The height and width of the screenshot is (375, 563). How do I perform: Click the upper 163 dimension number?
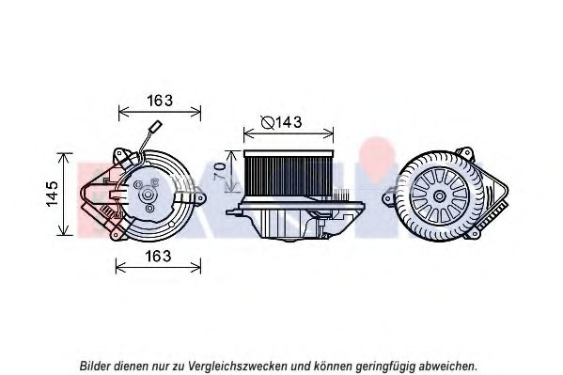(x=160, y=101)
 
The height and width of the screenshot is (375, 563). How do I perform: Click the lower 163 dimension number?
(x=158, y=256)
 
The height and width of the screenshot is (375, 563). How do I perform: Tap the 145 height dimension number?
(x=53, y=194)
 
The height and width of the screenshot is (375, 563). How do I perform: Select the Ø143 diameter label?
(x=282, y=122)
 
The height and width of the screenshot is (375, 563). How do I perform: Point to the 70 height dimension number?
(x=220, y=171)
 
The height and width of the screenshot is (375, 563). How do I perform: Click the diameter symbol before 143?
(x=268, y=123)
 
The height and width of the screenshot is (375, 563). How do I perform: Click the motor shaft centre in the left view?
(x=148, y=195)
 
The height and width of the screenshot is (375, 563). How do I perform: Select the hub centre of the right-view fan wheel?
(x=439, y=196)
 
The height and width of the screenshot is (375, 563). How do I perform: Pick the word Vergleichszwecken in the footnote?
(x=238, y=367)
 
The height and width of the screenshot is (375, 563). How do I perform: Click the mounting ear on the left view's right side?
(x=200, y=197)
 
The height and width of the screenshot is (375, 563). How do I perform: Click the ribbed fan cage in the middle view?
(x=289, y=173)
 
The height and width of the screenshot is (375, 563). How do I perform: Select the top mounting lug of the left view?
(x=120, y=155)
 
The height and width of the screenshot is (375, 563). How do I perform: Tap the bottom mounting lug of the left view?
(x=117, y=235)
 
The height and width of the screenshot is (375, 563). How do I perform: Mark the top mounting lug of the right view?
(x=465, y=154)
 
